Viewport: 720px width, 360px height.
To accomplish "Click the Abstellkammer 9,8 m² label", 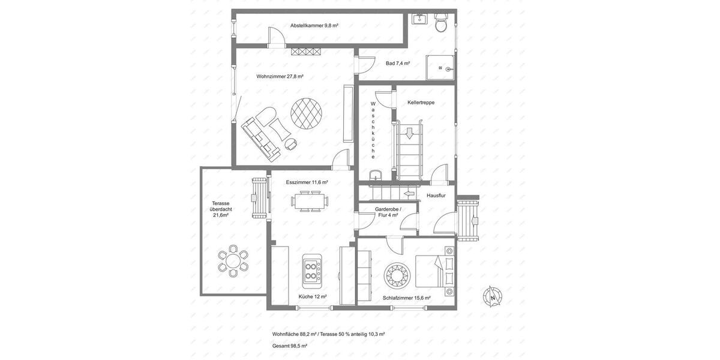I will tap(314, 26).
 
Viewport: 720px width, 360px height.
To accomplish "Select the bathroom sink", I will tap(419, 19).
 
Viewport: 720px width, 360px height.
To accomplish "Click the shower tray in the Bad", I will tap(440, 68).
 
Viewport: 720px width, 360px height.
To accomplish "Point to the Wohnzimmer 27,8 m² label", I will tap(280, 76).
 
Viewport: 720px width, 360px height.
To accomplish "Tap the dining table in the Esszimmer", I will tap(310, 201).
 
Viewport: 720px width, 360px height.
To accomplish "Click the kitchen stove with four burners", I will tap(312, 268).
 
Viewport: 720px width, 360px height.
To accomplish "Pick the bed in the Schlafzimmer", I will tap(436, 271).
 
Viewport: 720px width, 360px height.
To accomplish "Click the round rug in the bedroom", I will tap(397, 275).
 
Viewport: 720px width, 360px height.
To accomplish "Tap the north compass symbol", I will tap(493, 296).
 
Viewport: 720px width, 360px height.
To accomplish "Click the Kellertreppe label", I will tap(421, 103).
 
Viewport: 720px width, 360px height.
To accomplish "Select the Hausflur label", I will tap(436, 196).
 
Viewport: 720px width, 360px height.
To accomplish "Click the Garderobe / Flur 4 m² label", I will tap(388, 212).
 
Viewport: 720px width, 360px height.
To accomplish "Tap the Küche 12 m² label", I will tap(313, 296).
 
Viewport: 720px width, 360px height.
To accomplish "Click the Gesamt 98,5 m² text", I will tap(290, 346).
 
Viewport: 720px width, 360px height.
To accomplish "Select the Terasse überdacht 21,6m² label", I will tap(221, 209).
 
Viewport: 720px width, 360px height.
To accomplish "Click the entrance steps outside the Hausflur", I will tap(467, 220).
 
